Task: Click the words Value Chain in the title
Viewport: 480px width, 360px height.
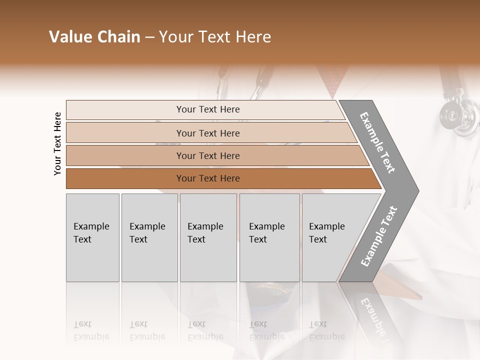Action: coord(94,37)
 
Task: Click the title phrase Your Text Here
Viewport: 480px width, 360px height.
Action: coord(215,37)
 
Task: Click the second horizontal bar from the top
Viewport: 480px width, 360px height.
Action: coord(207,133)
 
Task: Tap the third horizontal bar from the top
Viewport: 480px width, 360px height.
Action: coord(207,155)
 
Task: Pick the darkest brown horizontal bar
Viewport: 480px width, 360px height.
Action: coord(207,178)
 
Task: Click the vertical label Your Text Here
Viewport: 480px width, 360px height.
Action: coord(57,143)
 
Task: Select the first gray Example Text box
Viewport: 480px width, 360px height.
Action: coord(92,237)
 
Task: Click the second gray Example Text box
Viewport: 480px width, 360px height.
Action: coord(149,237)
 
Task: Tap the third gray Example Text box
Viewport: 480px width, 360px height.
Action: coord(208,237)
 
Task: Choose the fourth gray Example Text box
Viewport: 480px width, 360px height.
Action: coord(269,237)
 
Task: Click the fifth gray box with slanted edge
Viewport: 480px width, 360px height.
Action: coord(332,237)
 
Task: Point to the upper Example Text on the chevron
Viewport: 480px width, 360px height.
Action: coord(377,142)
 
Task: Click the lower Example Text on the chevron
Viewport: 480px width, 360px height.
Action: coord(379,236)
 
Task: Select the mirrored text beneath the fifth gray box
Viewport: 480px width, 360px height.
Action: coord(326,330)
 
